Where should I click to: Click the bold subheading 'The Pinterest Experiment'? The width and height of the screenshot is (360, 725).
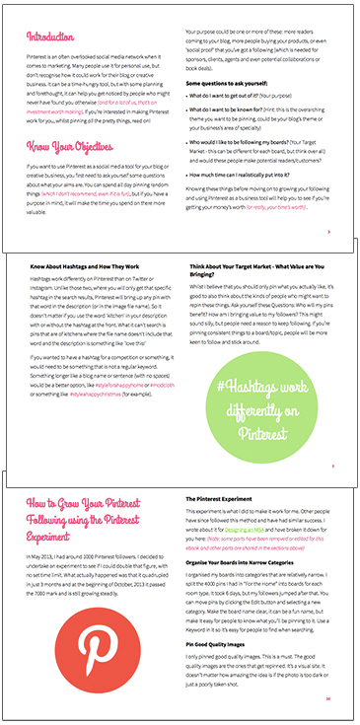point(226,500)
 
